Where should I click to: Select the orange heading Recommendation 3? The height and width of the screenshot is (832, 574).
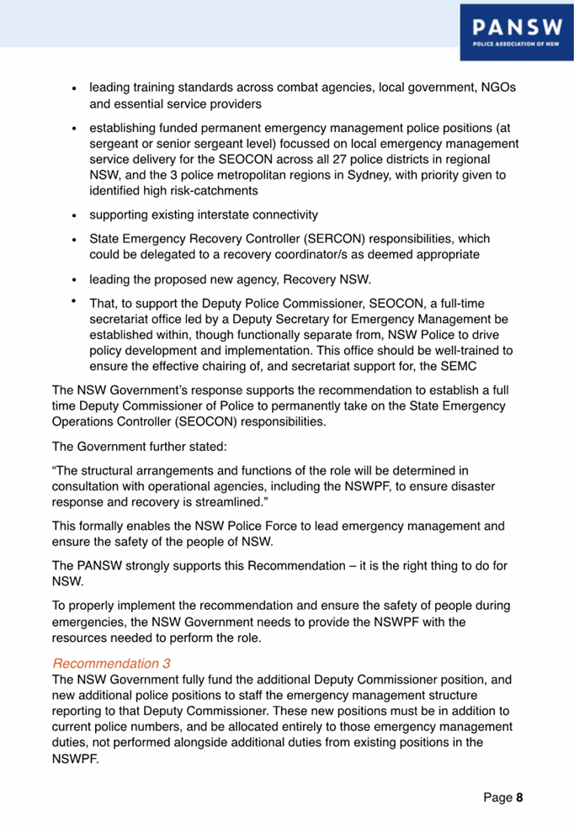pyautogui.click(x=111, y=663)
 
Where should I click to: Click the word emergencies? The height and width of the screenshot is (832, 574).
pyautogui.click(x=92, y=623)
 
